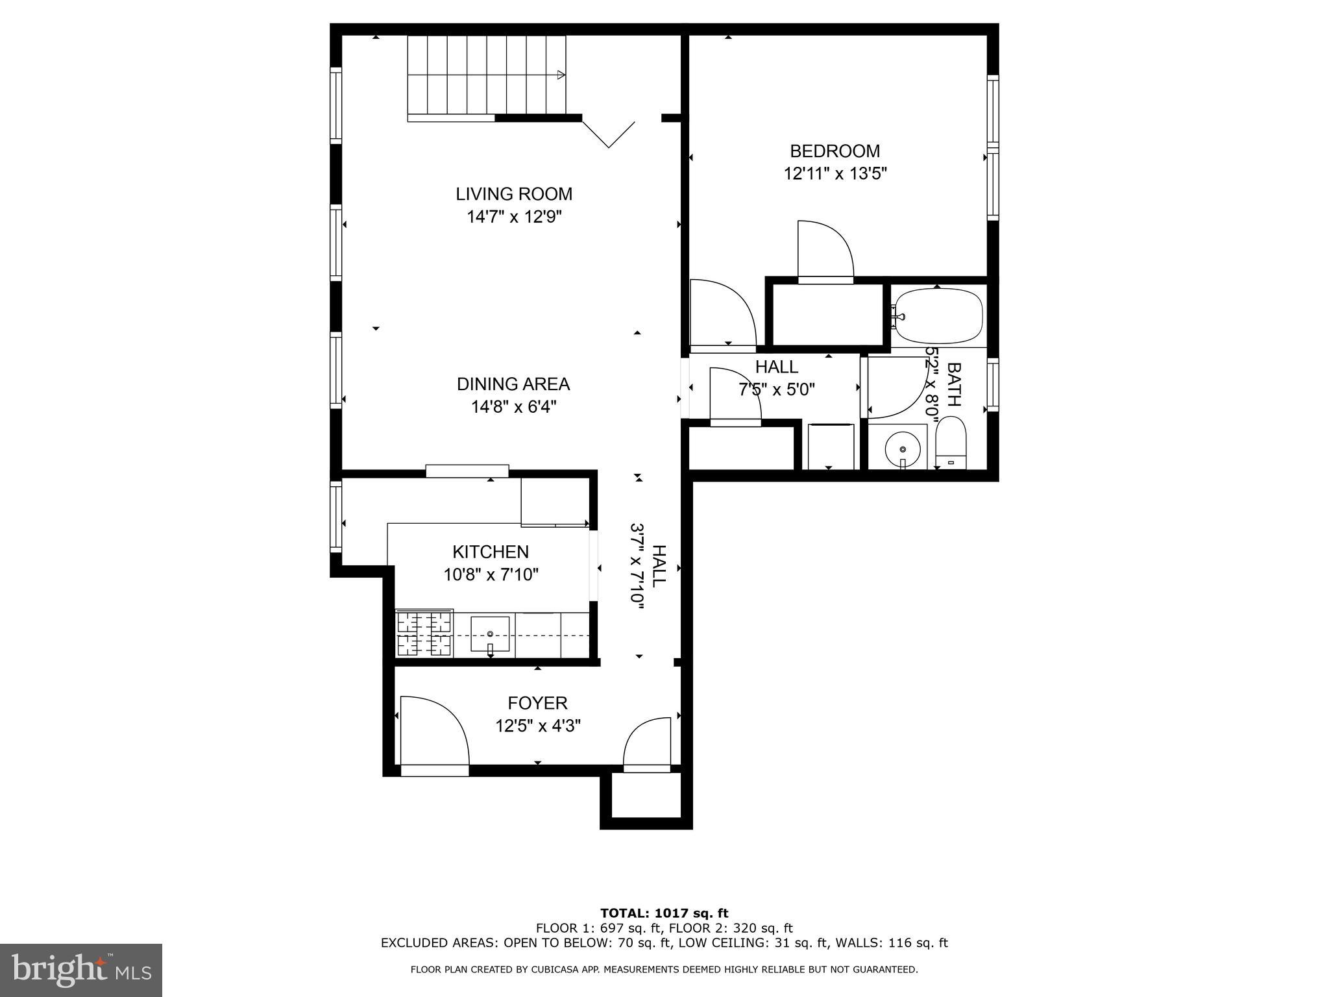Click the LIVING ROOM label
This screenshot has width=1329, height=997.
click(x=513, y=194)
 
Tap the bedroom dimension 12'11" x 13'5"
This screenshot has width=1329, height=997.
click(x=835, y=174)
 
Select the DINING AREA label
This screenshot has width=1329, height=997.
click(x=513, y=384)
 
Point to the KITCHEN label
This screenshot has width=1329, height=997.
click(x=490, y=552)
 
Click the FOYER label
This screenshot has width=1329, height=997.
click(x=537, y=703)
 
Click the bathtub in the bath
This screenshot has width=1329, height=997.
click(x=938, y=315)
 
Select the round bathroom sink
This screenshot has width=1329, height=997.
click(x=902, y=449)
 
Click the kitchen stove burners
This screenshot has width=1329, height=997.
click(x=424, y=634)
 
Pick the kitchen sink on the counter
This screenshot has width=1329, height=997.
click(x=490, y=634)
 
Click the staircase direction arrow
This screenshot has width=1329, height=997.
click(x=560, y=75)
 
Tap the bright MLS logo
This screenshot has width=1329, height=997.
click(x=81, y=970)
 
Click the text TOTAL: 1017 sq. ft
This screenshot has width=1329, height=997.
click(x=664, y=913)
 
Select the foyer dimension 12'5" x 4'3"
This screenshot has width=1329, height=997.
click(x=537, y=726)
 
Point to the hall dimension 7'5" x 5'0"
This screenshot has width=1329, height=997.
click(x=776, y=390)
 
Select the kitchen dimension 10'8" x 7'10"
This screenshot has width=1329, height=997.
click(x=491, y=574)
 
